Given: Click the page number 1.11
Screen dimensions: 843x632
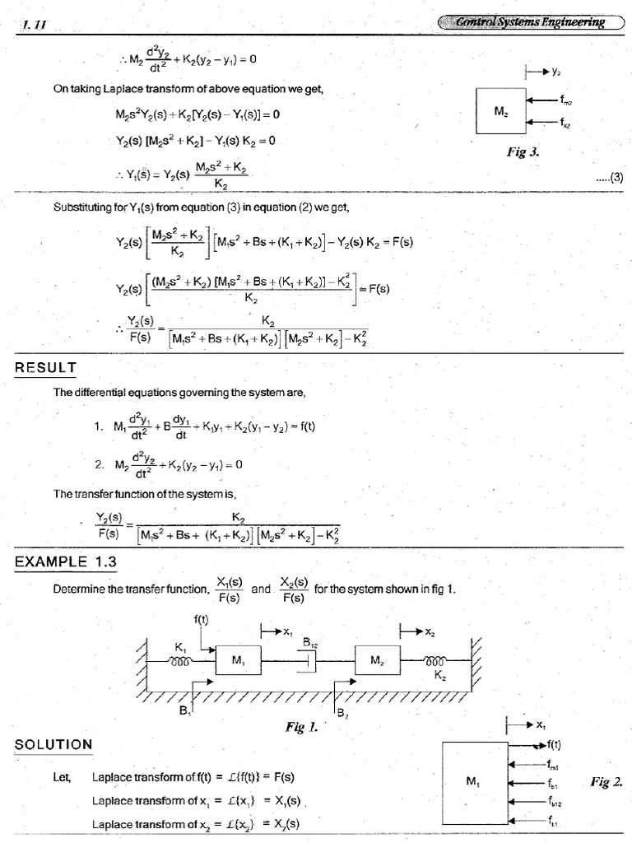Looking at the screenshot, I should (32, 24).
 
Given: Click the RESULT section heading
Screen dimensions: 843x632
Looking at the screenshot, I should (45, 367).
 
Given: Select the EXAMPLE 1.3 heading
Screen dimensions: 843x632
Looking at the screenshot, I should (66, 562).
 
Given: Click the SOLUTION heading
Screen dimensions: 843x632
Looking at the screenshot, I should (53, 745).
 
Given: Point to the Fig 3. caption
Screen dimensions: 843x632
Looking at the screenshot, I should (523, 152).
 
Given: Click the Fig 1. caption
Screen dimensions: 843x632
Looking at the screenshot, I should (300, 727).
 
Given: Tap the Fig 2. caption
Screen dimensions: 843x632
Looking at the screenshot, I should (606, 781).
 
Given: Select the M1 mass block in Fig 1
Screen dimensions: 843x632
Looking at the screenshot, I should (238, 660).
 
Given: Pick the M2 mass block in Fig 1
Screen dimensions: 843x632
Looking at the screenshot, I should (378, 660).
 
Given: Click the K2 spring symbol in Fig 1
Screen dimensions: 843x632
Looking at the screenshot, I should (435, 660).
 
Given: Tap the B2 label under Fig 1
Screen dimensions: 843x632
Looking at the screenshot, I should (342, 714).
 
